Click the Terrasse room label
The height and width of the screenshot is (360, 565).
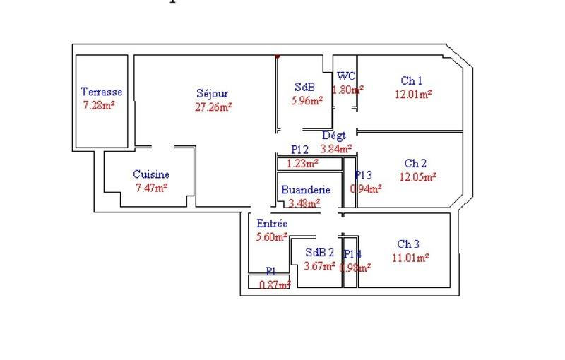[x=102, y=92]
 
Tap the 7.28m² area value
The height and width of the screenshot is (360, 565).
[x=99, y=105]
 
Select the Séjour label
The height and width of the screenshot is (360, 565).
[x=213, y=93]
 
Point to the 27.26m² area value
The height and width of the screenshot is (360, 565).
[x=213, y=107]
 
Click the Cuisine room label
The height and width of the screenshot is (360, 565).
[x=151, y=174]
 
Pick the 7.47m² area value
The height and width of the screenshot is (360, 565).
[x=151, y=188]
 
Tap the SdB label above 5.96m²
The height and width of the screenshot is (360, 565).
[x=304, y=87]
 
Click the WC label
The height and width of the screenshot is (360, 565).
[x=346, y=76]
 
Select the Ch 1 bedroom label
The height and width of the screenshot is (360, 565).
[x=412, y=80]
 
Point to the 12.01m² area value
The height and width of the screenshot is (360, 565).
[x=413, y=93]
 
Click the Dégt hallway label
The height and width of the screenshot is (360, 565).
[x=333, y=135]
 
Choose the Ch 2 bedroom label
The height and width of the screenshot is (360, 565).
[x=415, y=163]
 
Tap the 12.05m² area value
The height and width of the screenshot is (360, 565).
[x=417, y=176]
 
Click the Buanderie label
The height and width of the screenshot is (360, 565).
[x=305, y=190]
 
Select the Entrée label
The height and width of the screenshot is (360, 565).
[x=272, y=224]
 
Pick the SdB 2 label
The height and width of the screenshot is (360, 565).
[x=320, y=252]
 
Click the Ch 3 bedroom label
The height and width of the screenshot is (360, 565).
[x=408, y=244]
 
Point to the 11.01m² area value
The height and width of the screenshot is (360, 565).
[x=410, y=258]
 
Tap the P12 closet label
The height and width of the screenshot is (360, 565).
[x=300, y=150]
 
